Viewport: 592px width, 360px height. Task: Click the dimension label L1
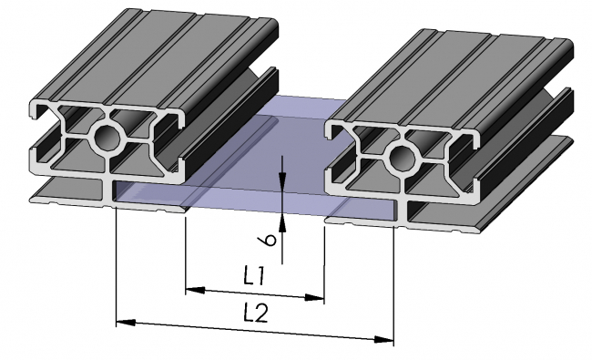(255, 273)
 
